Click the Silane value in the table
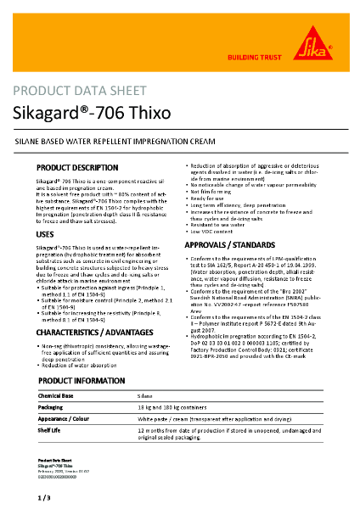(145, 396)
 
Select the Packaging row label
(52, 407)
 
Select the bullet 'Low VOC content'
(213, 231)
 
